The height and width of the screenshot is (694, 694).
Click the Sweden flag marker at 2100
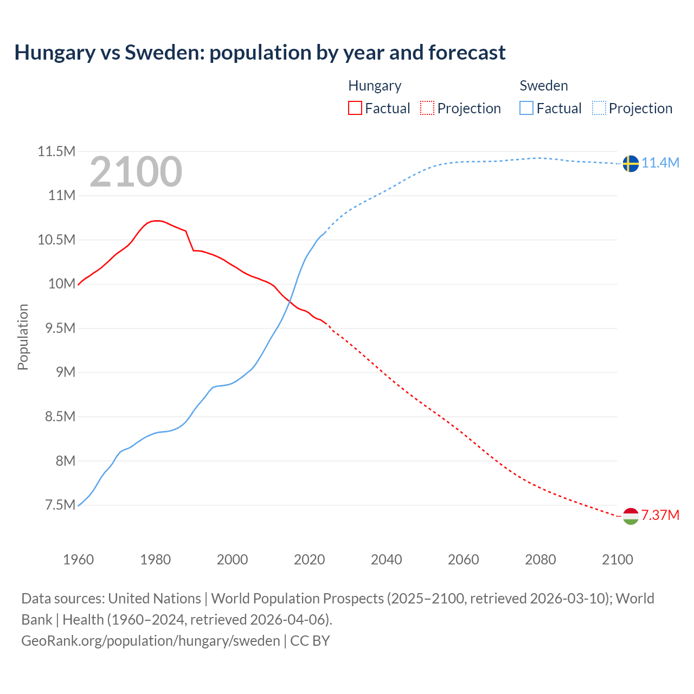point(630,163)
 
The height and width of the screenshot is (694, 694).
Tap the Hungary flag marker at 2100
point(630,516)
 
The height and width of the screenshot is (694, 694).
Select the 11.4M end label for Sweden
point(660,163)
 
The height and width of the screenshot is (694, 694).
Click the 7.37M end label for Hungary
point(660,515)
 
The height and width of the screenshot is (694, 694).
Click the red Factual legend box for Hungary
point(355,108)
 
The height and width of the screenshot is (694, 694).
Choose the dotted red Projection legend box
point(427,108)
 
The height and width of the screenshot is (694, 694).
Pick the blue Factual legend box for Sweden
point(526,108)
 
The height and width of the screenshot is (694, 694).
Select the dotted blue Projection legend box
point(599,108)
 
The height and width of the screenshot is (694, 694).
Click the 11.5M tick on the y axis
point(56,151)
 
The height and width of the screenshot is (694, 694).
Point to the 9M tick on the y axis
point(64,372)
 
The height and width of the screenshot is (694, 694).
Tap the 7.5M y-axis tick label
point(60,505)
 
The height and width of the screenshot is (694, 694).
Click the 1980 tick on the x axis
point(156,559)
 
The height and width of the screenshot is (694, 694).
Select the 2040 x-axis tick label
point(386,559)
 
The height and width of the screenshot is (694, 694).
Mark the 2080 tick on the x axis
point(540,559)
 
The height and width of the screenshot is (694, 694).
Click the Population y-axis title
point(23,337)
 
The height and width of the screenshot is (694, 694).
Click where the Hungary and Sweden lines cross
point(290,301)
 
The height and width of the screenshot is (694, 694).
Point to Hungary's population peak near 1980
point(156,221)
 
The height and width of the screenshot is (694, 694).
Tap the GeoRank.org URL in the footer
point(151,640)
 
